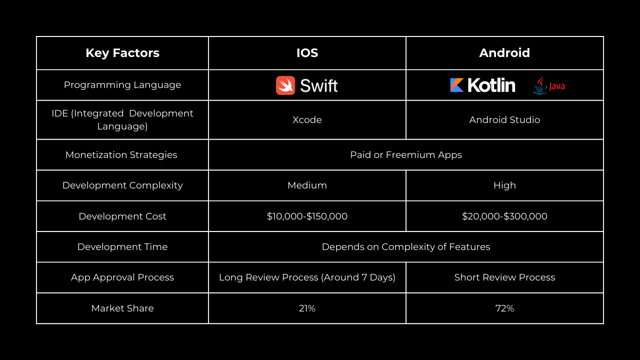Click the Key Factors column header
122,53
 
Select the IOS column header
307,53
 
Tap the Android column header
504,53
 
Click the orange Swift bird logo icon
285,85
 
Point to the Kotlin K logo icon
457,85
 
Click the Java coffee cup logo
540,85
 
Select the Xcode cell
307,119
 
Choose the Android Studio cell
504,119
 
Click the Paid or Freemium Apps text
406,155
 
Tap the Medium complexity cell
307,185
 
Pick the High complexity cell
504,185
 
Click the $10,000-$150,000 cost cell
307,216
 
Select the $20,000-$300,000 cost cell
504,216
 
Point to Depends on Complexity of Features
406,247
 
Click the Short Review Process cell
504,277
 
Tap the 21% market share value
307,308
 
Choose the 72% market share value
504,308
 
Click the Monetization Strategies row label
121,155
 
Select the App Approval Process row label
122,277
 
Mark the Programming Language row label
122,85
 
